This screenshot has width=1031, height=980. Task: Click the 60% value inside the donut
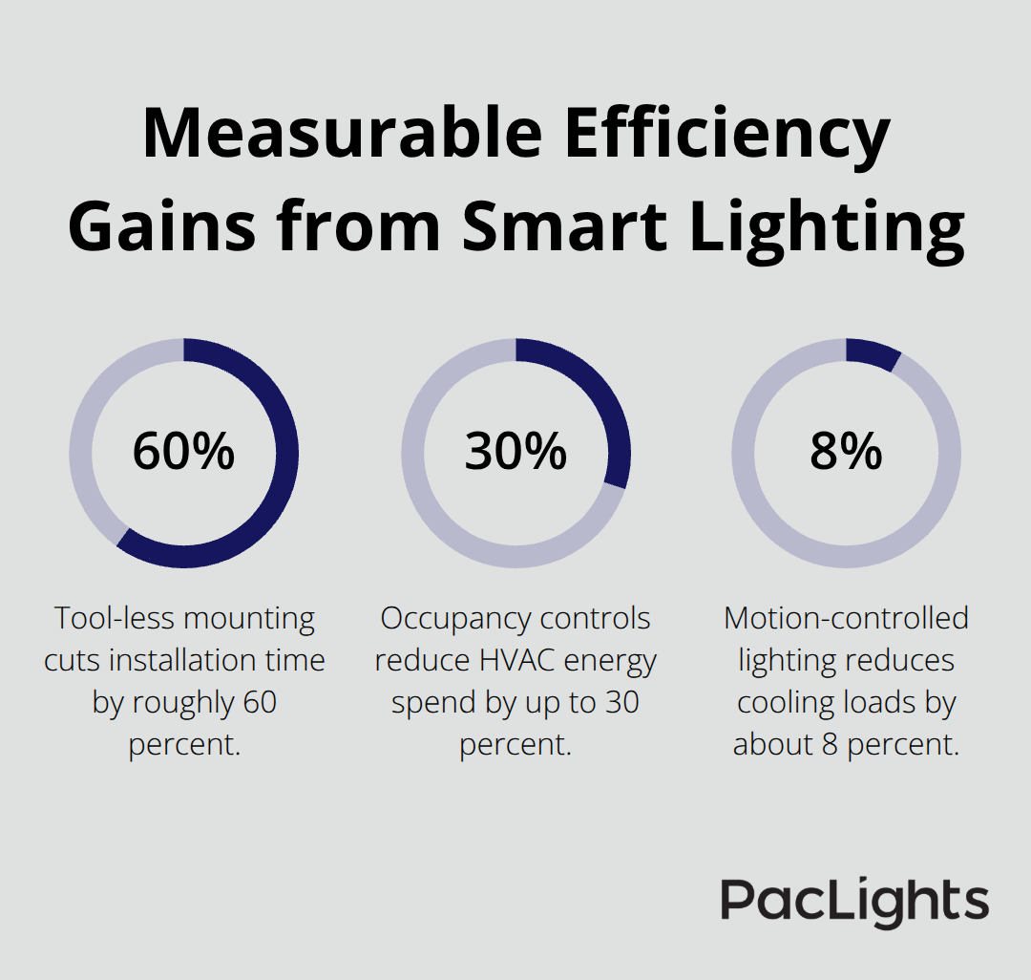click(183, 452)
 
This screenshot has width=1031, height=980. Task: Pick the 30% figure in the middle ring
click(515, 452)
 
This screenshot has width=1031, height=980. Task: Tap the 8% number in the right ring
click(846, 452)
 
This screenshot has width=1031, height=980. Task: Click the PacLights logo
click(854, 902)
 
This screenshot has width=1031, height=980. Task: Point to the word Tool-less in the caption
click(114, 619)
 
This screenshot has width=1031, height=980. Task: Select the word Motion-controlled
click(846, 619)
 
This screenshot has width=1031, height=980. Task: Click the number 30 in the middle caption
click(620, 703)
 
